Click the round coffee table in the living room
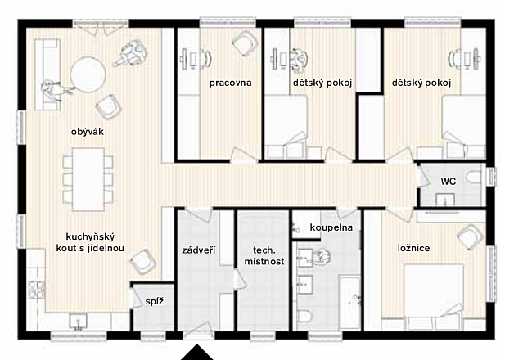pyautogui.click(x=88, y=75)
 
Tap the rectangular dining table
pyautogui.click(x=88, y=179)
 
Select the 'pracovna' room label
pyautogui.click(x=231, y=83)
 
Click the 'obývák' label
pyautogui.click(x=88, y=132)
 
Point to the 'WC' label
pyautogui.click(x=448, y=181)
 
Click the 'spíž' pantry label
pyautogui.click(x=155, y=301)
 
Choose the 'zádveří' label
pyautogui.click(x=199, y=250)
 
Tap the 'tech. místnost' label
pyautogui.click(x=264, y=256)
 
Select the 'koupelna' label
pyautogui.click(x=331, y=227)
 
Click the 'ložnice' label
pyautogui.click(x=413, y=248)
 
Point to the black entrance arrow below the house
pyautogui.click(x=197, y=352)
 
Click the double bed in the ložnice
pyautogui.click(x=433, y=291)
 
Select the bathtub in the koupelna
pyautogui.click(x=349, y=303)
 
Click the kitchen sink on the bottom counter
pyautogui.click(x=78, y=322)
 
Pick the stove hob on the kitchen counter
pyautogui.click(x=36, y=290)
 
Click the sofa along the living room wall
pyautogui.click(x=47, y=74)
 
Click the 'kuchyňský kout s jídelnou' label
pyautogui.click(x=90, y=242)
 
